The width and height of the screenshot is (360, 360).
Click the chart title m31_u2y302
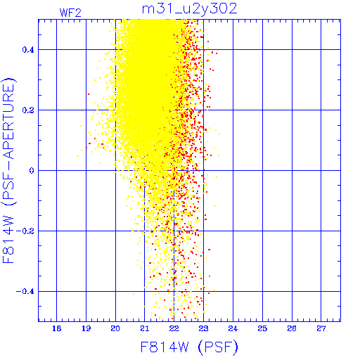(x=190, y=9)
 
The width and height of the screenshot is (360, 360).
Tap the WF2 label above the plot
(x=70, y=13)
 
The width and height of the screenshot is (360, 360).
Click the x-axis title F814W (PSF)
(x=189, y=347)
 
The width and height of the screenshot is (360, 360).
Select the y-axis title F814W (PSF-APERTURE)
(x=8, y=170)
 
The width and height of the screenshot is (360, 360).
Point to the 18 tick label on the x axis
(x=56, y=328)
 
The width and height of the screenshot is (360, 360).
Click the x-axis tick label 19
(x=86, y=328)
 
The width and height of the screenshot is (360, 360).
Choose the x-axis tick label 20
(x=115, y=328)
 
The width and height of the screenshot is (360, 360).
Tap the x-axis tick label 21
(x=145, y=328)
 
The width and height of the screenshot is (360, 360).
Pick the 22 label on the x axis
(x=174, y=328)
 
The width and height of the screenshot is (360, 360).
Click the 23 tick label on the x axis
(x=203, y=328)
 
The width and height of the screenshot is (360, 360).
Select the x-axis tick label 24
(x=233, y=328)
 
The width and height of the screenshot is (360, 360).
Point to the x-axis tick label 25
(x=262, y=328)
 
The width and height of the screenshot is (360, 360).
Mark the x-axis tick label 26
(x=292, y=328)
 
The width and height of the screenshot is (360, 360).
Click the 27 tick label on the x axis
(x=321, y=328)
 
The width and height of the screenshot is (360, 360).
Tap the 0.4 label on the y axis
(x=28, y=50)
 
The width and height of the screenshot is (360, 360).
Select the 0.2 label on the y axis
(x=28, y=110)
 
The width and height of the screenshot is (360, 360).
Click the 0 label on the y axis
(x=32, y=171)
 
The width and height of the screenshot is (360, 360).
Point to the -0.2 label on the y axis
(x=25, y=231)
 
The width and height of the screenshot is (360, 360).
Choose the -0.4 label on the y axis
(x=25, y=292)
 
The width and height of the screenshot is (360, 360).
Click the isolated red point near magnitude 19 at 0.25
(x=89, y=94)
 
